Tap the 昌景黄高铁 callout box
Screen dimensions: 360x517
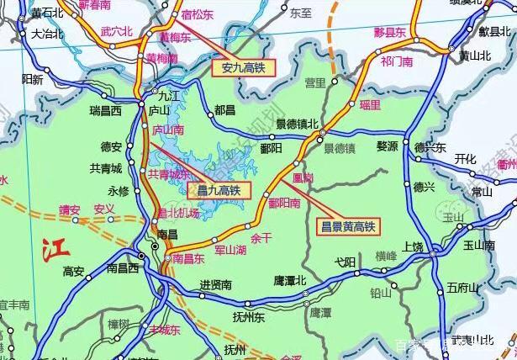[347, 225]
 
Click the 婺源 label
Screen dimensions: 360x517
[386, 146]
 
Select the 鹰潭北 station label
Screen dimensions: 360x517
[290, 280]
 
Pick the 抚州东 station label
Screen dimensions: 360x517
[249, 317]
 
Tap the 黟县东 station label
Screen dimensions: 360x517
[389, 32]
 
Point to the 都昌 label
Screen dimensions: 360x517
[225, 110]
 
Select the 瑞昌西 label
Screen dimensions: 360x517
[106, 110]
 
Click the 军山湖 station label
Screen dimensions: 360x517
[229, 249]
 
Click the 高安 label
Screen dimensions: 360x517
[74, 271]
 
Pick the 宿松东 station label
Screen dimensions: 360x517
[198, 15]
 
